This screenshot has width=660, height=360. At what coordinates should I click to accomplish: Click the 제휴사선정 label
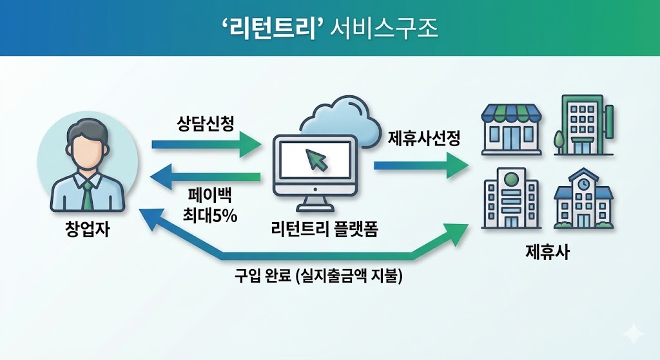(423, 138)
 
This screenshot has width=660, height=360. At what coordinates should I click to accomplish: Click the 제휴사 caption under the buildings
(547, 251)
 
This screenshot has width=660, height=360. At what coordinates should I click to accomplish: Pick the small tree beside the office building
(558, 139)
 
